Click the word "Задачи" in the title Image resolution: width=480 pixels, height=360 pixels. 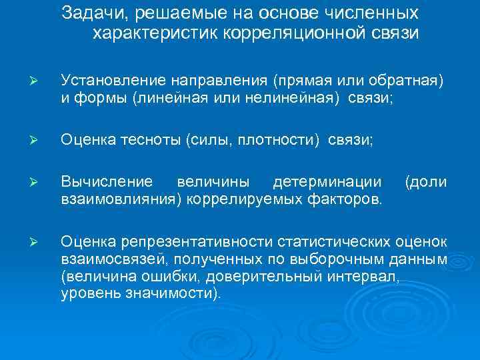coord(87,13)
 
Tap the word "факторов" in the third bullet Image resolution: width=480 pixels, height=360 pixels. coord(347,199)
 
